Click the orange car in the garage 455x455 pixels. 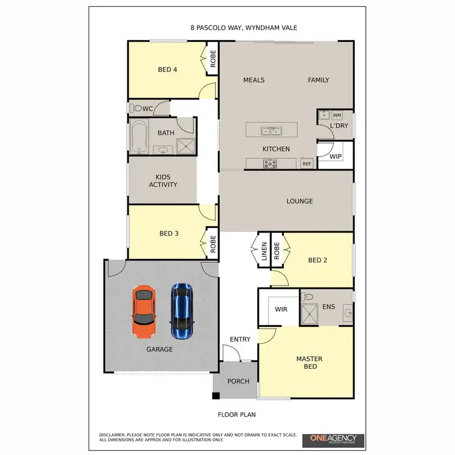(144, 312)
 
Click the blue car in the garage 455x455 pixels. (181, 311)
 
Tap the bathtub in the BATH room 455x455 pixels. (139, 137)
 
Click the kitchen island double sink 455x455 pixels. (271, 130)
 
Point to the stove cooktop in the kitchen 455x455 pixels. (270, 163)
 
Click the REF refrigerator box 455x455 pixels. (307, 164)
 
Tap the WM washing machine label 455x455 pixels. (337, 115)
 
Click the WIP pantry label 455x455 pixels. (335, 157)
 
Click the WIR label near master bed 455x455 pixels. (281, 309)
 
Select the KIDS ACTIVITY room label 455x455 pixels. (163, 180)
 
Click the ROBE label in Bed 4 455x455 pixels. (213, 58)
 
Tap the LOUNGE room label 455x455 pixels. (300, 201)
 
